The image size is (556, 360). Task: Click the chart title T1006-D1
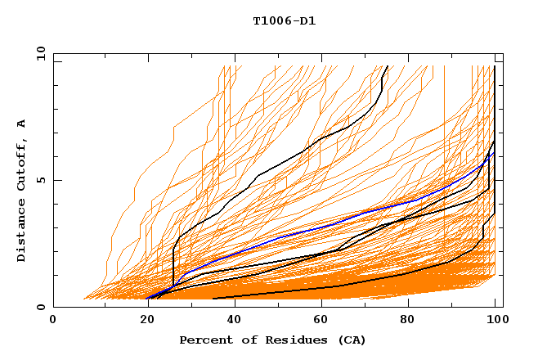[284, 21]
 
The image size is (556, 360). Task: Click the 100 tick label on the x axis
[495, 322]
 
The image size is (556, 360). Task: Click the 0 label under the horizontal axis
[53, 322]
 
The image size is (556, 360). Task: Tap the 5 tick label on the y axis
[40, 180]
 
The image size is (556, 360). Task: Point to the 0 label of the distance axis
[40, 307]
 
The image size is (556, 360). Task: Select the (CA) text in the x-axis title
[352, 340]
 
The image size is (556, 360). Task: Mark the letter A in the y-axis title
[22, 124]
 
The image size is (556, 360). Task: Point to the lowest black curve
[327, 288]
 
